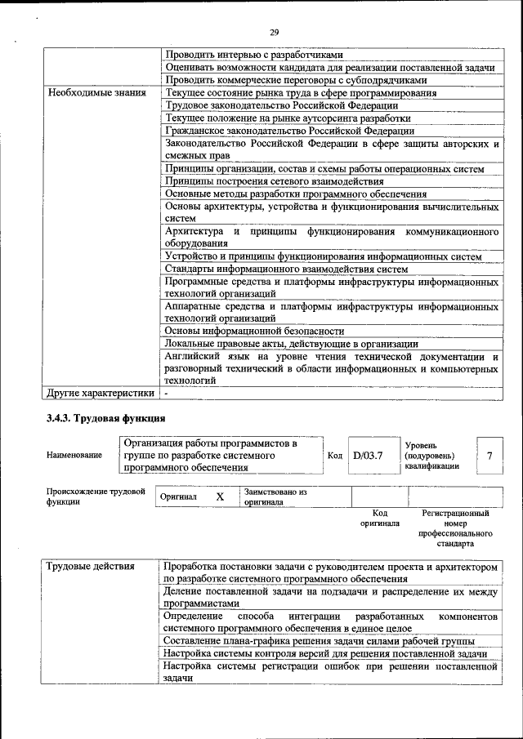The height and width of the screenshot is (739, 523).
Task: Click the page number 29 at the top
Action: click(274, 32)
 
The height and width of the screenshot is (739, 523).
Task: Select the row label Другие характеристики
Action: click(100, 393)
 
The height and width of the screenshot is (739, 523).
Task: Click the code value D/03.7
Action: click(368, 455)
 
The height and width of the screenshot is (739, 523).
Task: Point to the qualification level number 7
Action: click(489, 455)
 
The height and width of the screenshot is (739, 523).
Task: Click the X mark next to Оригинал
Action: click(220, 496)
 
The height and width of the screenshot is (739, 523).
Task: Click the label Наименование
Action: click(74, 455)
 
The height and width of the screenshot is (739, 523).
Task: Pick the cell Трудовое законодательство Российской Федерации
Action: click(281, 105)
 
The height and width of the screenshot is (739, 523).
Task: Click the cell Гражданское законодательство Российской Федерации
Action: click(289, 131)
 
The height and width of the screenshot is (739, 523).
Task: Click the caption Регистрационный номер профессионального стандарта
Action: click(455, 528)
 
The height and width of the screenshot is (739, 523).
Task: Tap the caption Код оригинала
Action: click(379, 518)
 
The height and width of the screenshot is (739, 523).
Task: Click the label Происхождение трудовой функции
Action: click(95, 497)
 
